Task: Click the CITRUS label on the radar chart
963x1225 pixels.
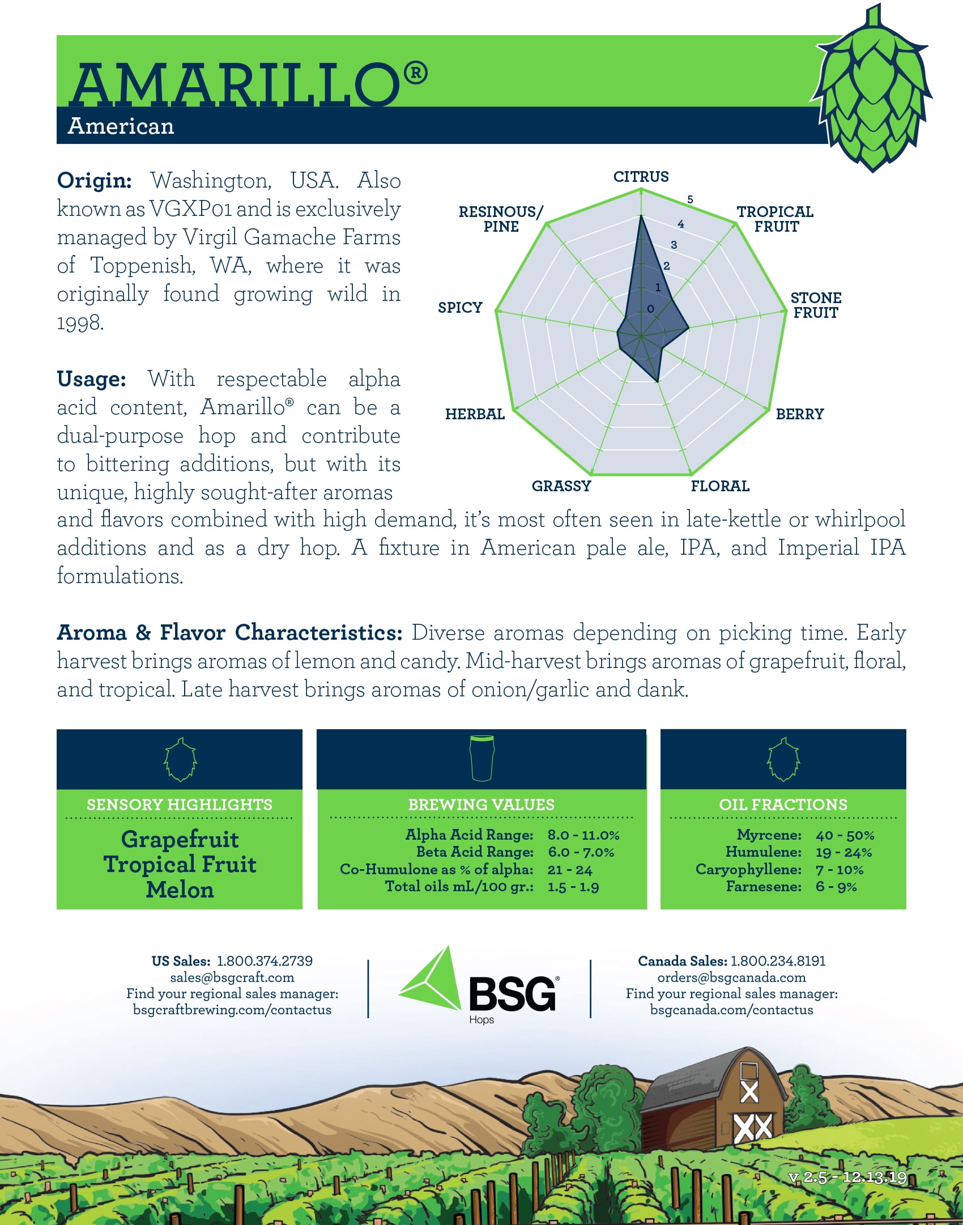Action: coord(641,177)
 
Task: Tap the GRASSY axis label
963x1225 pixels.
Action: coord(561,486)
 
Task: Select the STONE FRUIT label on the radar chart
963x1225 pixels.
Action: coord(816,305)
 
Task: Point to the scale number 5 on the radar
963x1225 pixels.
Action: coord(690,199)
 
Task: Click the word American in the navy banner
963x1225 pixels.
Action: coord(121,126)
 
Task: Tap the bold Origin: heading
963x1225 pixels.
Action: coord(94,181)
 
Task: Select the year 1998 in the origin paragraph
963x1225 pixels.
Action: coord(80,323)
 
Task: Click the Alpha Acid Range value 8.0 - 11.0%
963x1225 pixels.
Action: coord(583,835)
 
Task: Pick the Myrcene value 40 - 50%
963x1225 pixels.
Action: coord(845,835)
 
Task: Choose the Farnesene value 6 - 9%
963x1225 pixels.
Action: coord(836,887)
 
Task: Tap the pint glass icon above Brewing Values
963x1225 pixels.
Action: coord(482,758)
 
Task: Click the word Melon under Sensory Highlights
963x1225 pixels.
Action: coord(180,890)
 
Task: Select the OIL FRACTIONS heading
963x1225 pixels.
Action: coord(783,805)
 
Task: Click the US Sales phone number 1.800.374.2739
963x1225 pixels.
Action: coord(265,961)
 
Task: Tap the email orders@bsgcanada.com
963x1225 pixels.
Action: coord(731,977)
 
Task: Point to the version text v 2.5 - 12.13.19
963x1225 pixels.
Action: coord(847,1177)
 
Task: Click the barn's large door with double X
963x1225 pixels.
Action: coord(753,1128)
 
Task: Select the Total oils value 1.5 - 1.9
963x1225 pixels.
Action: coord(573,887)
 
